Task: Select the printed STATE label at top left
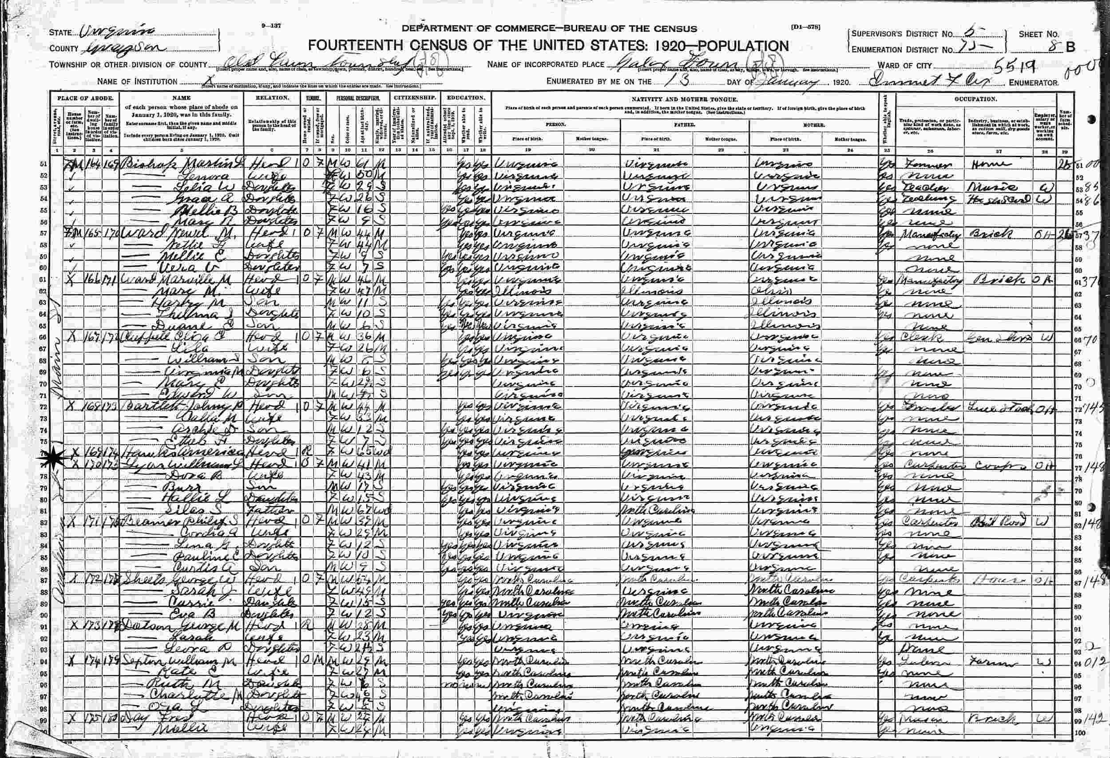click(x=61, y=33)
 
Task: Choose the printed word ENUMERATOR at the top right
click(x=1034, y=83)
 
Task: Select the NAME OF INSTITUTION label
click(x=137, y=82)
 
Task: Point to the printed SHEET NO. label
click(x=1039, y=34)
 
